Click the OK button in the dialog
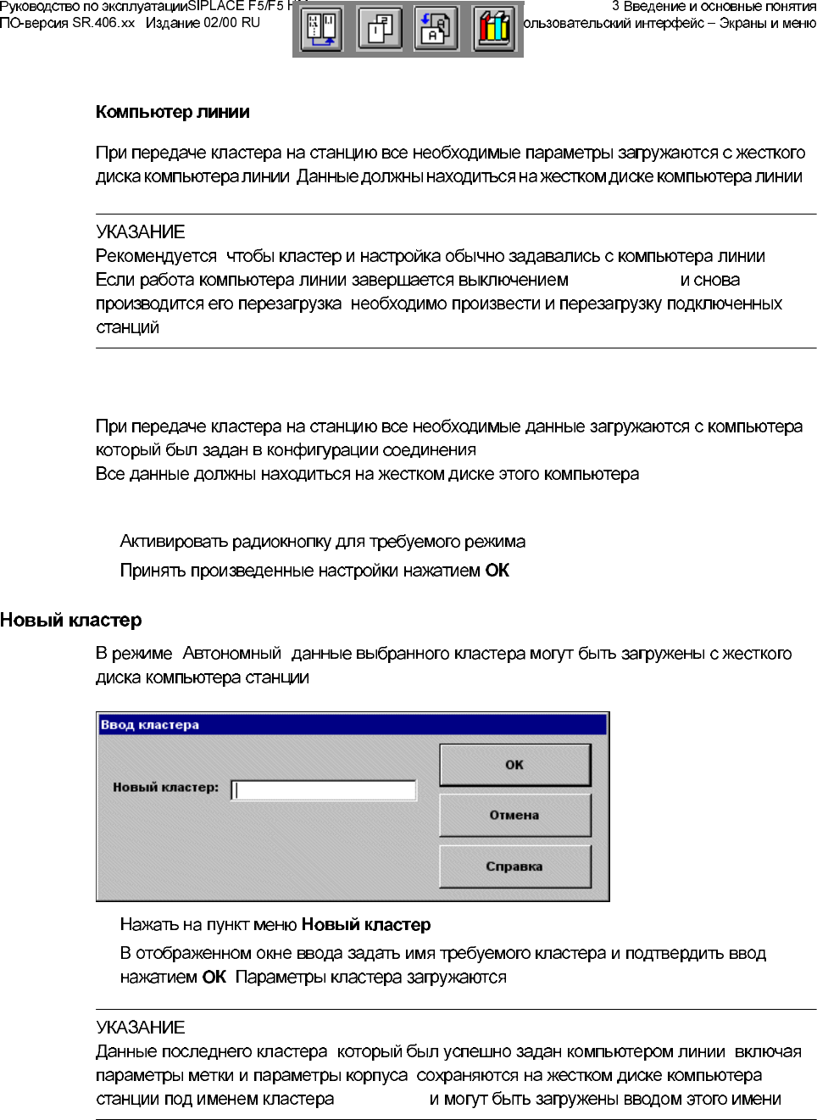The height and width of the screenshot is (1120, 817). tap(514, 765)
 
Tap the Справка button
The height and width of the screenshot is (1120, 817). tap(514, 866)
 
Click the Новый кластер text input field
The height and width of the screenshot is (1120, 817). tap(324, 790)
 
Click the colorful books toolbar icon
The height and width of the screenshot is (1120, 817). tap(494, 29)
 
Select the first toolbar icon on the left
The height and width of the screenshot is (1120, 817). tap(321, 29)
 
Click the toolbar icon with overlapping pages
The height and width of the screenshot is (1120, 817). tap(379, 29)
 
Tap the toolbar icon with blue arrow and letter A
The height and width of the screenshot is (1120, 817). tap(436, 29)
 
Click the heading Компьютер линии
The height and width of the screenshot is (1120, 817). tap(173, 112)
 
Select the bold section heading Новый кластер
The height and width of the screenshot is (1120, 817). tap(71, 620)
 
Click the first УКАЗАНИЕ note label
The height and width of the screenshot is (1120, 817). tap(141, 232)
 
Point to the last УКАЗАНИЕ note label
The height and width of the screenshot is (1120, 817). tap(141, 1028)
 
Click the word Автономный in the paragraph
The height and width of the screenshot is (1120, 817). tap(231, 654)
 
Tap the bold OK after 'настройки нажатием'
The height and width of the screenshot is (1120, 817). tap(497, 571)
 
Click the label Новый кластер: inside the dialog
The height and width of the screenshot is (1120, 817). tap(165, 788)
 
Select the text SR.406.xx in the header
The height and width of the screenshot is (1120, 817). tap(103, 23)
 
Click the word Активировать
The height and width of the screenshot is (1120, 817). tap(174, 542)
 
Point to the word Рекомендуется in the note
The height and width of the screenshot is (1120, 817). tap(156, 256)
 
